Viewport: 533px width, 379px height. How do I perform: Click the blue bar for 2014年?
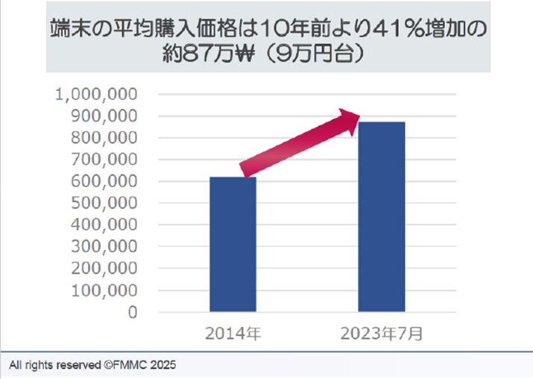point(233,244)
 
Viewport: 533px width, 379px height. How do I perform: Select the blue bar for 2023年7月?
point(382,216)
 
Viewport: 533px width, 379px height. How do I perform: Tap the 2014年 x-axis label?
point(233,333)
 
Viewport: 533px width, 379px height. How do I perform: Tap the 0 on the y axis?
point(131,312)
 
